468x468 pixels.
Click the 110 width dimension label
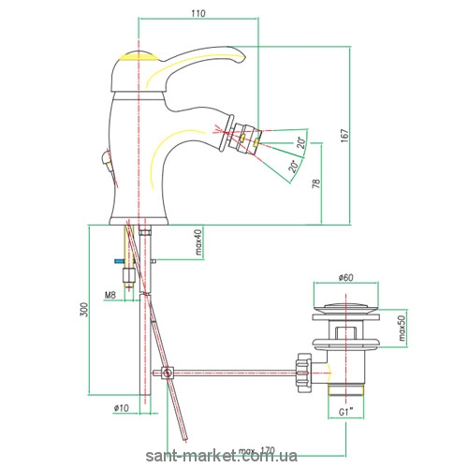pos(198,13)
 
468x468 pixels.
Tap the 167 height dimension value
pos(344,136)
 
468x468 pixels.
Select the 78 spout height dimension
pos(316,183)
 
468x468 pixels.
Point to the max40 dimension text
pos(199,241)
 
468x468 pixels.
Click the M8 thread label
pos(110,295)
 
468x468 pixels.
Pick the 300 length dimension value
pos(84,310)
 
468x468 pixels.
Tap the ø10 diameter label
pos(122,408)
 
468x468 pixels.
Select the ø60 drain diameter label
pos(345,277)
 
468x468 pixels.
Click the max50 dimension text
pos(402,328)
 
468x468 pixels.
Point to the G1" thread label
pos(345,412)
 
